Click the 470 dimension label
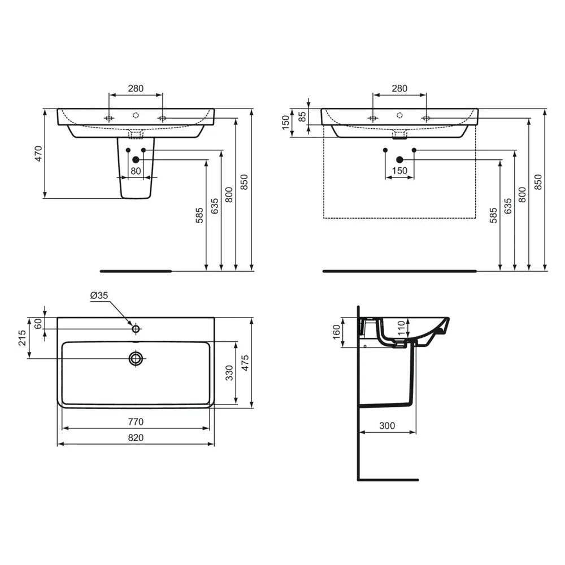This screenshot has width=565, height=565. [38, 154]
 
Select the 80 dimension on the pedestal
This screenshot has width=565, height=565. [136, 171]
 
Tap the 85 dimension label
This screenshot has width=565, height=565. [302, 116]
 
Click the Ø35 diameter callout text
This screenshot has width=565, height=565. [99, 295]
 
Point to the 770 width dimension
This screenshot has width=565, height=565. [136, 421]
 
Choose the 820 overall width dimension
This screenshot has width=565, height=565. [136, 437]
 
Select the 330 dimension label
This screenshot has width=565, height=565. [229, 373]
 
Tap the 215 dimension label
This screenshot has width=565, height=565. [23, 338]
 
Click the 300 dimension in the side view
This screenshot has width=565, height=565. [387, 425]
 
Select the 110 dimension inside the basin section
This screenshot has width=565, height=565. [401, 328]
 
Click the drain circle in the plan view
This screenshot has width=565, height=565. [136, 358]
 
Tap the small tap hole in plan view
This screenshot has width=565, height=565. [136, 328]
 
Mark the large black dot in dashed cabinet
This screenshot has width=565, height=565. [399, 160]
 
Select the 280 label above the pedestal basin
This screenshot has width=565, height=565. [136, 88]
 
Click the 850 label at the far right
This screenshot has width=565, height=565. [538, 181]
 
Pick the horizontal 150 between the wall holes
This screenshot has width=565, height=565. [399, 171]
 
